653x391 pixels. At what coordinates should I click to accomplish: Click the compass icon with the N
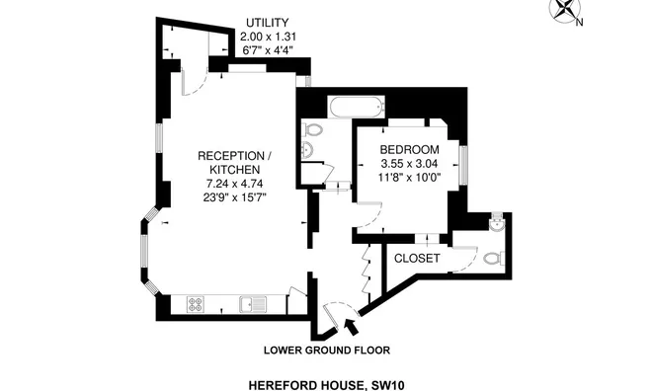pos(566,12)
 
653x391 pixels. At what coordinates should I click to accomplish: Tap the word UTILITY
pos(269,23)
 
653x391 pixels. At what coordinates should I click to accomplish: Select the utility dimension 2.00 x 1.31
pos(269,37)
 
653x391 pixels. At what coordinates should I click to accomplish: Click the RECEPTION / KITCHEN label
pos(234,163)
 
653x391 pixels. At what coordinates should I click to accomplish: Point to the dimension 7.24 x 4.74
pos(234,184)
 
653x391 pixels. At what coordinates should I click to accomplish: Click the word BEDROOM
pos(409,149)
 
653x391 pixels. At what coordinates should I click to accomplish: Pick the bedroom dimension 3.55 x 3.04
pos(409,163)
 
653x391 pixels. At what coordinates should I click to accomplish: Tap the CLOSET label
pos(417,259)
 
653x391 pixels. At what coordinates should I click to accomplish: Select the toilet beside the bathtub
pos(313,128)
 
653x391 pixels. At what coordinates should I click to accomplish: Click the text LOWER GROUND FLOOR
pos(326,350)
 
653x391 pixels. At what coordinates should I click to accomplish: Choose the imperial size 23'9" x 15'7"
pos(234,197)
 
